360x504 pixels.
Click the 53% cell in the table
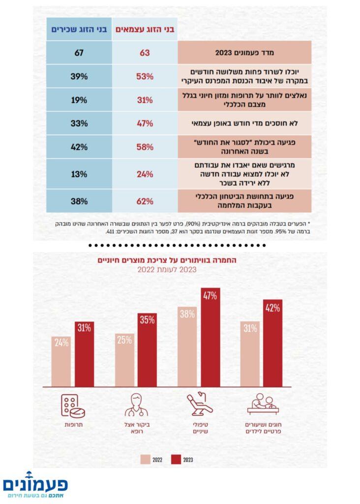(x=145, y=76)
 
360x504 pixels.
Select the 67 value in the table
(x=79, y=52)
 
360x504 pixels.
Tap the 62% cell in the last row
(x=145, y=201)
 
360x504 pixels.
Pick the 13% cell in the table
(x=79, y=174)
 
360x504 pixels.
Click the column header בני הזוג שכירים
(x=79, y=29)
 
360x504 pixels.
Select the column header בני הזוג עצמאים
(x=145, y=29)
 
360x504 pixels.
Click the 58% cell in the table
(x=145, y=147)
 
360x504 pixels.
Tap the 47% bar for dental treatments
(x=210, y=337)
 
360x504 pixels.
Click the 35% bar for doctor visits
(x=147, y=349)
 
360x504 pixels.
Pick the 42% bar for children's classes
(x=273, y=343)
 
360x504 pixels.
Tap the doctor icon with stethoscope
(x=136, y=405)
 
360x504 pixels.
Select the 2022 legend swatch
(x=146, y=460)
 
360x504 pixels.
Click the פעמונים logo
(x=35, y=484)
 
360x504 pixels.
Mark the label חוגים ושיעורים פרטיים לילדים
(x=261, y=428)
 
